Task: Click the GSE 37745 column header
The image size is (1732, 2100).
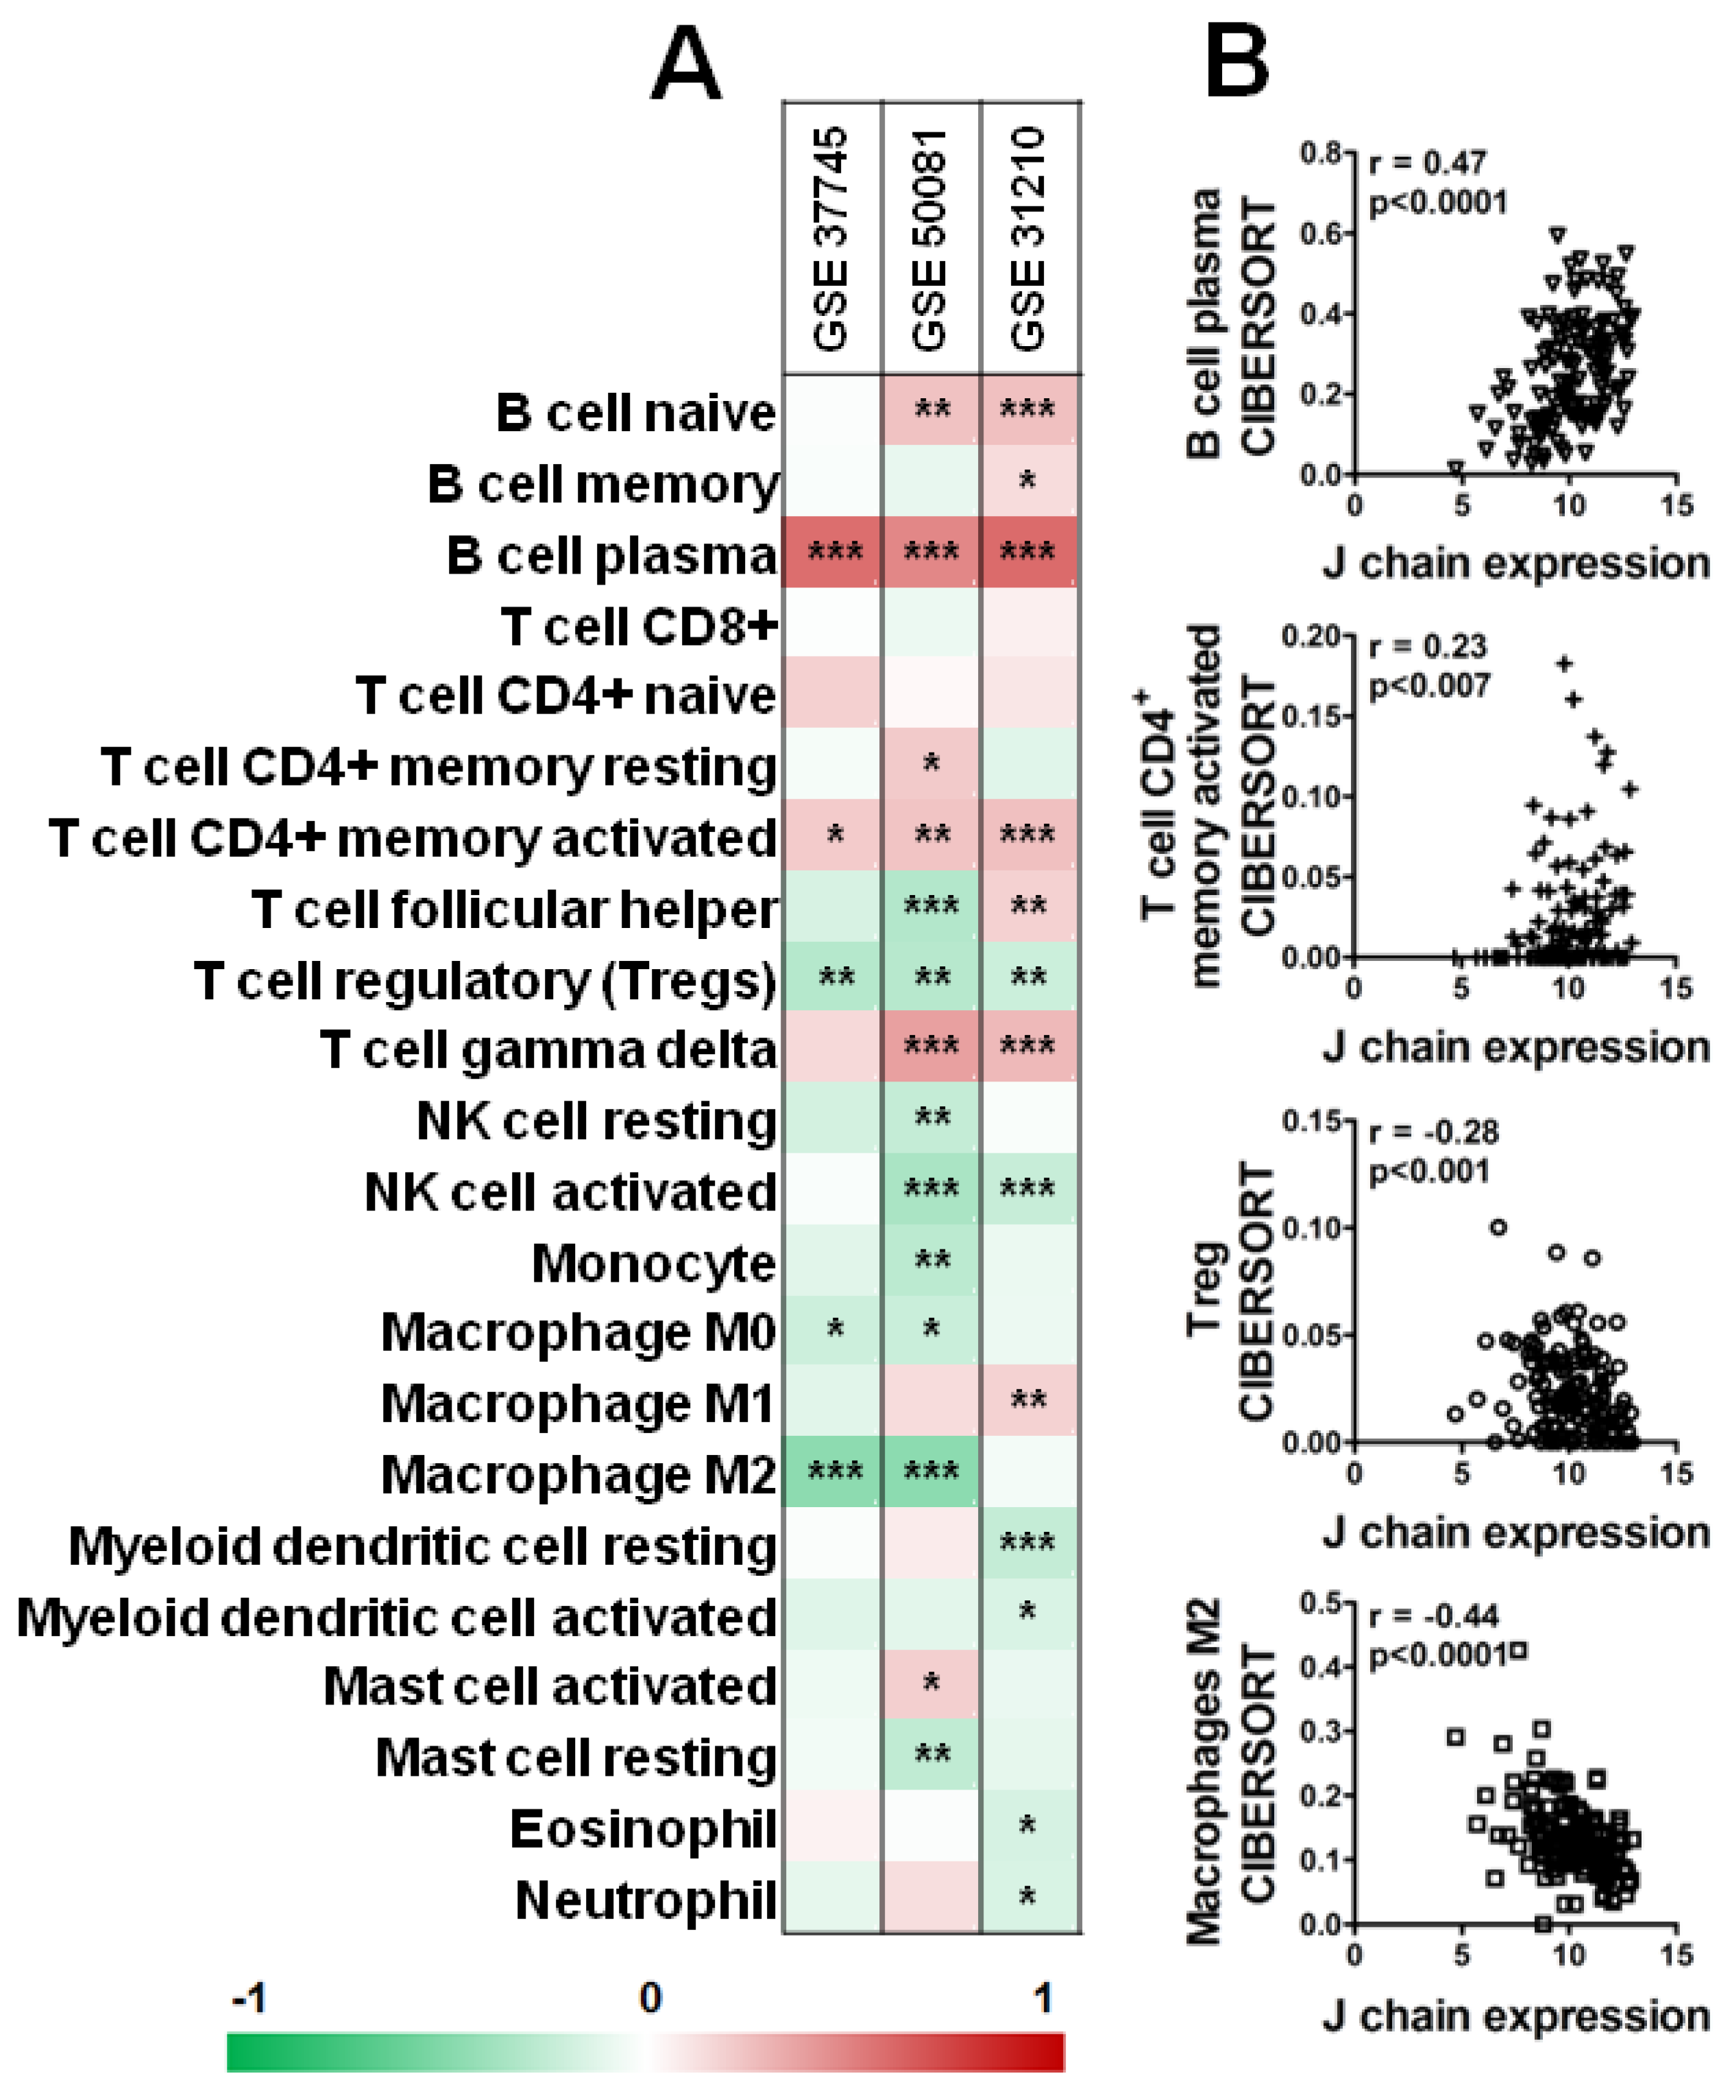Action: click(x=831, y=239)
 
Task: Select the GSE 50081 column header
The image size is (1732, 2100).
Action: click(x=930, y=239)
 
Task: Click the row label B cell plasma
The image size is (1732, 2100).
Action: click(x=611, y=554)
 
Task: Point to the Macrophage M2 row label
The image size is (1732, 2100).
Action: click(x=578, y=1474)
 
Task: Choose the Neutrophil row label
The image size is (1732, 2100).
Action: click(x=646, y=1901)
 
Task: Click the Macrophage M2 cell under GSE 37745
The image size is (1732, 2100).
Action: click(x=833, y=1472)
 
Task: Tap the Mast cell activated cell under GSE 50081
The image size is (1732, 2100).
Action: click(x=931, y=1684)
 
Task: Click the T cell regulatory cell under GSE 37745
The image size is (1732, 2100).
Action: click(x=833, y=977)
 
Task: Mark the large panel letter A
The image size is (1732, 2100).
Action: click(x=685, y=65)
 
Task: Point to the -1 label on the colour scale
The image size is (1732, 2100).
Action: click(x=248, y=1999)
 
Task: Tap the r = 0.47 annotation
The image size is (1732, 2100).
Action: click(x=1428, y=162)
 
